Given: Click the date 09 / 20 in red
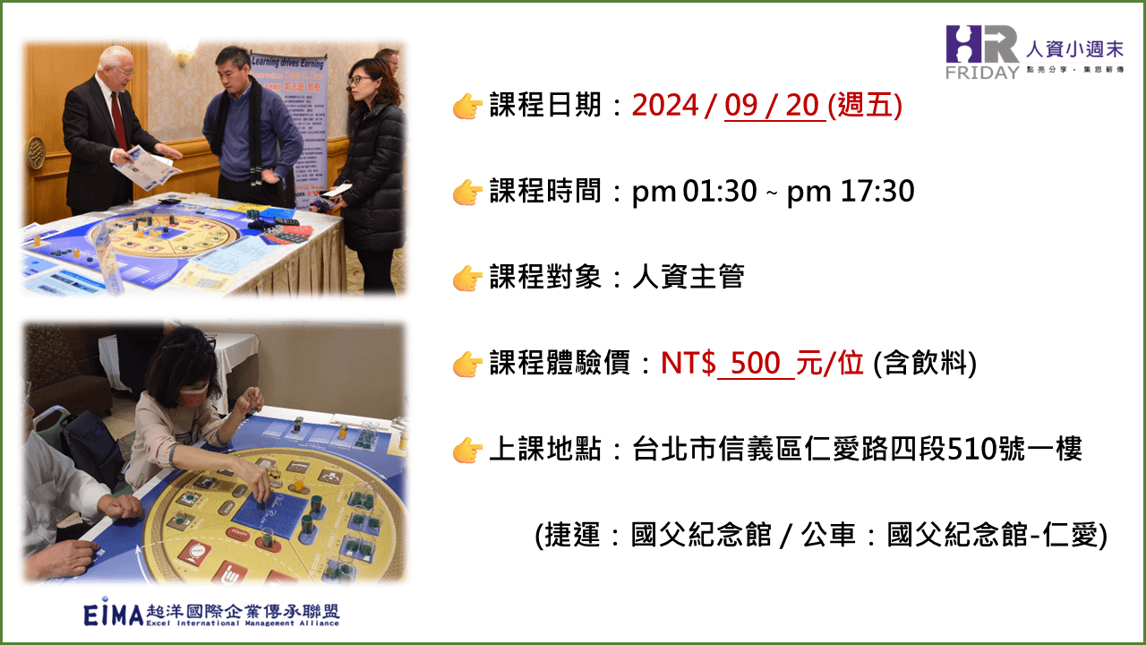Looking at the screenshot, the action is [x=775, y=106].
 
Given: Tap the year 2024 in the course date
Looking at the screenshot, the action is [x=665, y=106].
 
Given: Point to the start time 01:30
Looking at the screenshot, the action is [x=720, y=192].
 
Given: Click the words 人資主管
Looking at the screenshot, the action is [x=688, y=277].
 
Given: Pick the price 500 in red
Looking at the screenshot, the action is [x=755, y=363].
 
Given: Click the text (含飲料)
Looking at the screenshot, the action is [x=925, y=363].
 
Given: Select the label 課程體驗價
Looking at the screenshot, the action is [x=560, y=363].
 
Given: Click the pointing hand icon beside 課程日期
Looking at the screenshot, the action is [x=467, y=106].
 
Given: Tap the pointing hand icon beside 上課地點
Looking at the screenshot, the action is [x=467, y=450].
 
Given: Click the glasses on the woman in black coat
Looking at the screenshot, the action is [x=360, y=80].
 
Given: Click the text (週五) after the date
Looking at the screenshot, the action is [x=865, y=106].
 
